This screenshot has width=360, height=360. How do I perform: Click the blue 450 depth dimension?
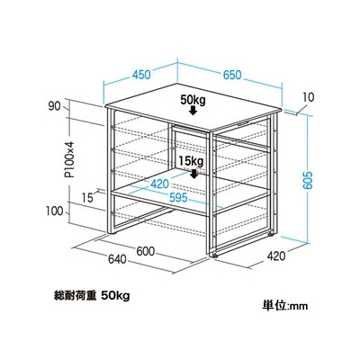tap(141, 75)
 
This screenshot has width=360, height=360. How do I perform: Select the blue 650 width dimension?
tap(232, 75)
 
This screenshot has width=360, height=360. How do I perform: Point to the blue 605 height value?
tap(308, 180)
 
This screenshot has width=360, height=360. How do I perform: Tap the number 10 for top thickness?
tap(309, 97)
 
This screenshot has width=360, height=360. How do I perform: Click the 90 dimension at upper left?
tap(54, 106)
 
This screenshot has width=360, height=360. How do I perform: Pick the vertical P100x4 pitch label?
tap(70, 159)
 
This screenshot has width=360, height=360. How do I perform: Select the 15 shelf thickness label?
tap(87, 198)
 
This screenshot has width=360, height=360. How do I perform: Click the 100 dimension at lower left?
tap(55, 211)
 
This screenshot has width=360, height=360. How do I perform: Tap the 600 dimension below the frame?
tap(146, 251)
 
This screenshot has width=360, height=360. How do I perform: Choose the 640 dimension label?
tap(117, 259)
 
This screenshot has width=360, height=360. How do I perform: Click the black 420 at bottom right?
tap(276, 256)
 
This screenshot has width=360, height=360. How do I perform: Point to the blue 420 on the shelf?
tap(160, 184)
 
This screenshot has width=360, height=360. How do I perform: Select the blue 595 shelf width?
tap(178, 197)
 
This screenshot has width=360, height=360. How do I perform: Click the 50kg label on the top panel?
tap(193, 100)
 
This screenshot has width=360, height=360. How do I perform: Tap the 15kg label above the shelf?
tap(192, 162)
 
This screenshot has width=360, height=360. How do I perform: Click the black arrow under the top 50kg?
tap(193, 111)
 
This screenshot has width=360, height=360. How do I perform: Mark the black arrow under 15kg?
tap(194, 174)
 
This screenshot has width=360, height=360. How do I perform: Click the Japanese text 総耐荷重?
tap(75, 296)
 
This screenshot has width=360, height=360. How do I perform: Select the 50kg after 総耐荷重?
tap(115, 296)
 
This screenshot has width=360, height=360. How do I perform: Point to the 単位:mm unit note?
tap(285, 305)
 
